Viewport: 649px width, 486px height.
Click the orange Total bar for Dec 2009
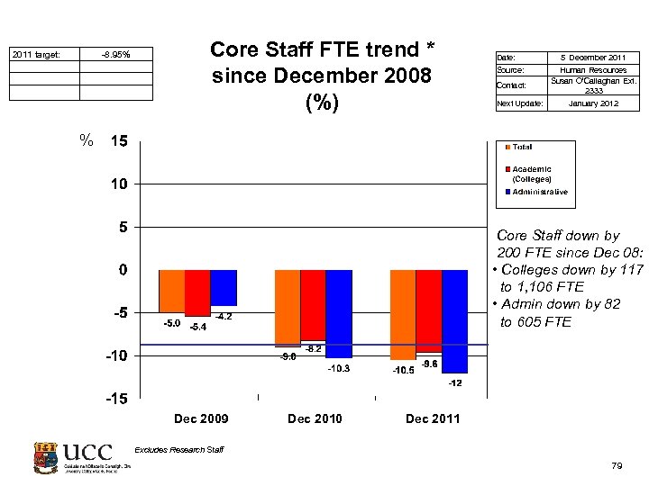[172, 291]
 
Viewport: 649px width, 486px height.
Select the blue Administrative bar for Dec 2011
[455, 320]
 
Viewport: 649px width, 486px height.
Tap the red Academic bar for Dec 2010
[314, 305]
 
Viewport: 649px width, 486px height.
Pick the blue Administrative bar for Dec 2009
[224, 288]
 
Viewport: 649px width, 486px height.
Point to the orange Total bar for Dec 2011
[403, 315]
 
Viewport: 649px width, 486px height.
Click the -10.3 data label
[339, 369]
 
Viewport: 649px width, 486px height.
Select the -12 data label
[455, 383]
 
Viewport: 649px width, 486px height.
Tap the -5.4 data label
[198, 327]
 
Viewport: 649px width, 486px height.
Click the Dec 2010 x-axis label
[315, 418]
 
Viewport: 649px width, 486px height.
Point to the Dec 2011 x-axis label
[433, 418]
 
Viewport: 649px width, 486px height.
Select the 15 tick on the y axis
[118, 141]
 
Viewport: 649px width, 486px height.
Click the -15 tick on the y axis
[115, 399]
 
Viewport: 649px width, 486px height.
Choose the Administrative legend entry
[539, 192]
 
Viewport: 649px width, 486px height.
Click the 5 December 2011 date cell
[598, 58]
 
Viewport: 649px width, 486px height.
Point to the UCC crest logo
[46, 458]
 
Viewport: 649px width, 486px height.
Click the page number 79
[617, 465]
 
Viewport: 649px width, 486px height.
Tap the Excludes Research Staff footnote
[178, 449]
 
